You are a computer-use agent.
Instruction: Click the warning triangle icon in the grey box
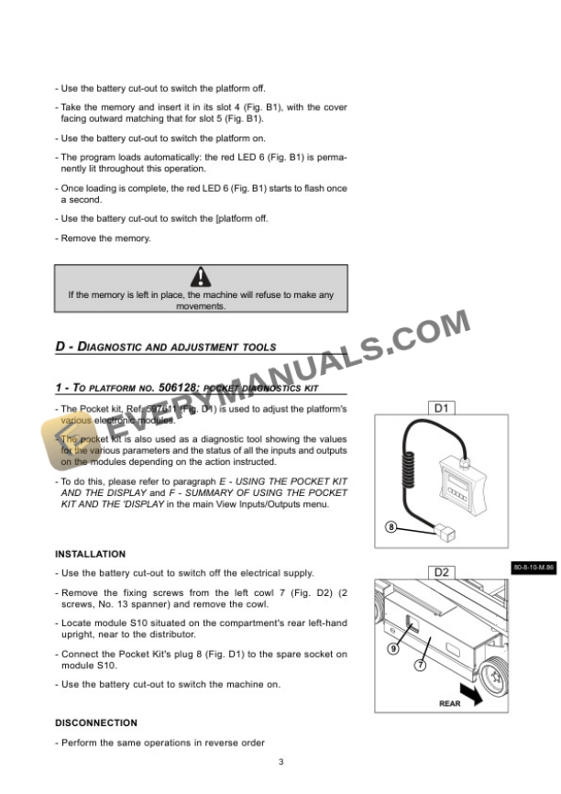pyautogui.click(x=201, y=277)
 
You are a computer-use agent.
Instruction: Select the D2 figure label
pyautogui.click(x=441, y=573)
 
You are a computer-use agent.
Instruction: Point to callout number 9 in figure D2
pyautogui.click(x=393, y=648)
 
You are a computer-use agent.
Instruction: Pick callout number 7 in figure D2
pyautogui.click(x=420, y=666)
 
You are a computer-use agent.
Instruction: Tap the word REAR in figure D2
pyautogui.click(x=450, y=704)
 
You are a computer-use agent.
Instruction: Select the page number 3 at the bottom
pyautogui.click(x=281, y=762)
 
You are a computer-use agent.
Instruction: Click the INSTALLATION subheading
pyautogui.click(x=90, y=555)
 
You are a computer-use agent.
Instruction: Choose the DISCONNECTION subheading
pyautogui.click(x=96, y=723)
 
